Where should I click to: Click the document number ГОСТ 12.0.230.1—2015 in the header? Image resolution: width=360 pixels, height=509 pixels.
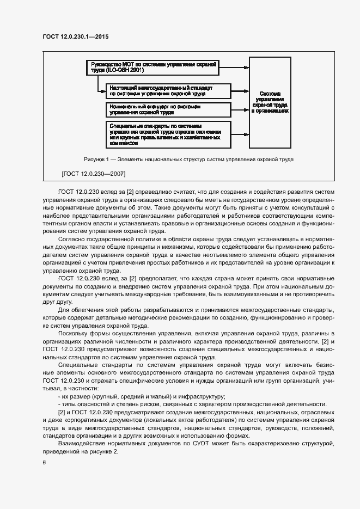(80, 37)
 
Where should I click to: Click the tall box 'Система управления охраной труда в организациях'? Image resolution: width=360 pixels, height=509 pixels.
(270, 102)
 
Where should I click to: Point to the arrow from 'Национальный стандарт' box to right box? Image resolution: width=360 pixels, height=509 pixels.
(240, 110)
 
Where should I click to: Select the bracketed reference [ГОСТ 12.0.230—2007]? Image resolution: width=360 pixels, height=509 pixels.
(94, 174)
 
